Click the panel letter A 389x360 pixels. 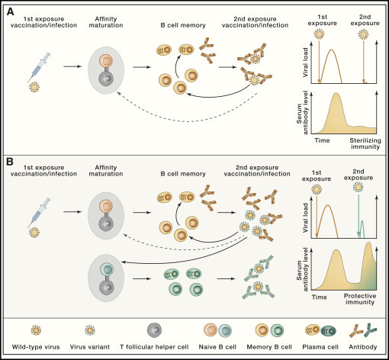[x=10, y=12]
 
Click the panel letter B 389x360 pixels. [x=10, y=162]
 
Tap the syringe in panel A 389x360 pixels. [x=39, y=67]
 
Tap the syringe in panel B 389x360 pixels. [x=39, y=213]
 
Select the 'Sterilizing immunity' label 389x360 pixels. [x=365, y=143]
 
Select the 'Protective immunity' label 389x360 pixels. [x=360, y=299]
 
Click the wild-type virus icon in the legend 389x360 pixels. [x=36, y=330]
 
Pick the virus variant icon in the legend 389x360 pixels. [x=90, y=330]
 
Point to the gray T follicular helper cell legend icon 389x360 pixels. [x=154, y=330]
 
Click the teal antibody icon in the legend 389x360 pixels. [x=371, y=330]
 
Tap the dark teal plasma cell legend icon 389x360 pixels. [x=328, y=331]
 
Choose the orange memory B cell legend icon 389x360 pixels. [x=262, y=330]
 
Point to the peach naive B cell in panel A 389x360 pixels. [x=106, y=61]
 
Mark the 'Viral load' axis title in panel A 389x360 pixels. [x=305, y=63]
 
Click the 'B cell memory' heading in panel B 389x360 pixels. [x=183, y=174]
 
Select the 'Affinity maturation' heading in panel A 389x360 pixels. [x=106, y=22]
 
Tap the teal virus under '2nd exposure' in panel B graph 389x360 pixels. [x=358, y=188]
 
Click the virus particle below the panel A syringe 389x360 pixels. [x=34, y=87]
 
